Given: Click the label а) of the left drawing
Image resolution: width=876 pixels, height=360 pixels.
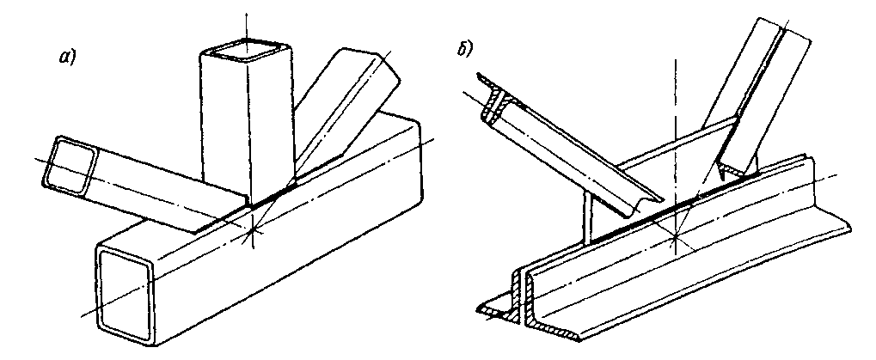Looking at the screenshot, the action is point(68,57).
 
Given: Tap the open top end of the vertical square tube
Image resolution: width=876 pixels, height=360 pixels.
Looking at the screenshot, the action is point(247,50).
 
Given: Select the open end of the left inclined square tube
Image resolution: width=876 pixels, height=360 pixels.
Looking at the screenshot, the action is point(70,165).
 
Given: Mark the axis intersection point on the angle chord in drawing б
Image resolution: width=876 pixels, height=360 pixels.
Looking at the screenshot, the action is point(675,236).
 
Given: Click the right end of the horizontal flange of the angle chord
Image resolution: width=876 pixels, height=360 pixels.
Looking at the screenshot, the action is point(847,227).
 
